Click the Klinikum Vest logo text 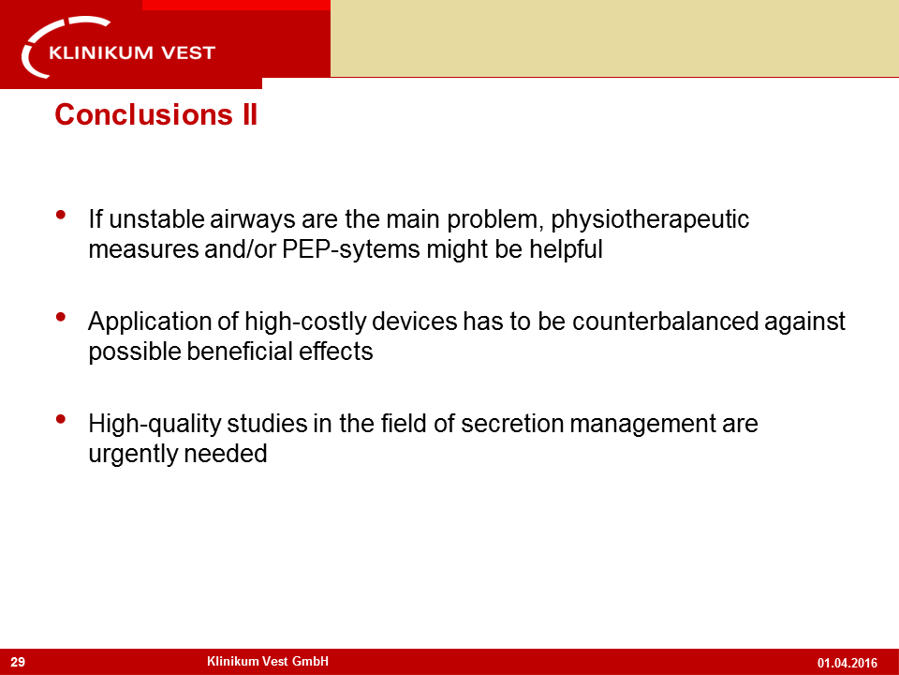click(132, 52)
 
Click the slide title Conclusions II click(156, 114)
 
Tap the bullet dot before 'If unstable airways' click(61, 216)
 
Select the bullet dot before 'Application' click(61, 317)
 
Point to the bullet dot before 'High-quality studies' click(61, 419)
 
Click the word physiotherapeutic click(650, 219)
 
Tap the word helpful click(566, 249)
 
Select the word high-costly click(305, 322)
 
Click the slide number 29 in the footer click(18, 662)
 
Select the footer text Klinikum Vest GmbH click(268, 661)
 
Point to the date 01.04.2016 click(847, 663)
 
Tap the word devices click(415, 321)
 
